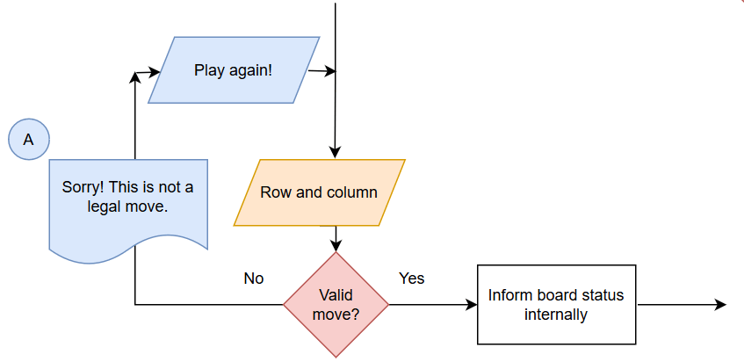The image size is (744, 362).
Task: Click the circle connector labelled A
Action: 29,139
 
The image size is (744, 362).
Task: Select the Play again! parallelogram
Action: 234,69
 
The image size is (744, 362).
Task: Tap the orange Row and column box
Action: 320,192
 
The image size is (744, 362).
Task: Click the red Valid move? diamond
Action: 336,304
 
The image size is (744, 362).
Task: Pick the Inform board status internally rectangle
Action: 556,304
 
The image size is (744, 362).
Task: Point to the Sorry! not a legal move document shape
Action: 128,209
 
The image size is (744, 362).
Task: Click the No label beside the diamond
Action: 254,278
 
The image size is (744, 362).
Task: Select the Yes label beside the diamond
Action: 411,278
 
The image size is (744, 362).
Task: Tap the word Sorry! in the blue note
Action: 83,187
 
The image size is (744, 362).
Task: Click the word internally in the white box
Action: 556,314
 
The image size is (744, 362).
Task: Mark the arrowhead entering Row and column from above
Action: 335,153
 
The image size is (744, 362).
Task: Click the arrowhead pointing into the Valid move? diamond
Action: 336,246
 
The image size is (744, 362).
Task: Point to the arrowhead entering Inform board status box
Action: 471,304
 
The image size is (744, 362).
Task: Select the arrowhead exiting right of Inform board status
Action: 721,304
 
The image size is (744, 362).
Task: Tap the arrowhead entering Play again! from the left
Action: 155,72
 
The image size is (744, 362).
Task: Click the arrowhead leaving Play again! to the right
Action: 329,72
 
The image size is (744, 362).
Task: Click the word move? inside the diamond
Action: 336,314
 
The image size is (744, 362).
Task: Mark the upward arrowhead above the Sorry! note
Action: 135,77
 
